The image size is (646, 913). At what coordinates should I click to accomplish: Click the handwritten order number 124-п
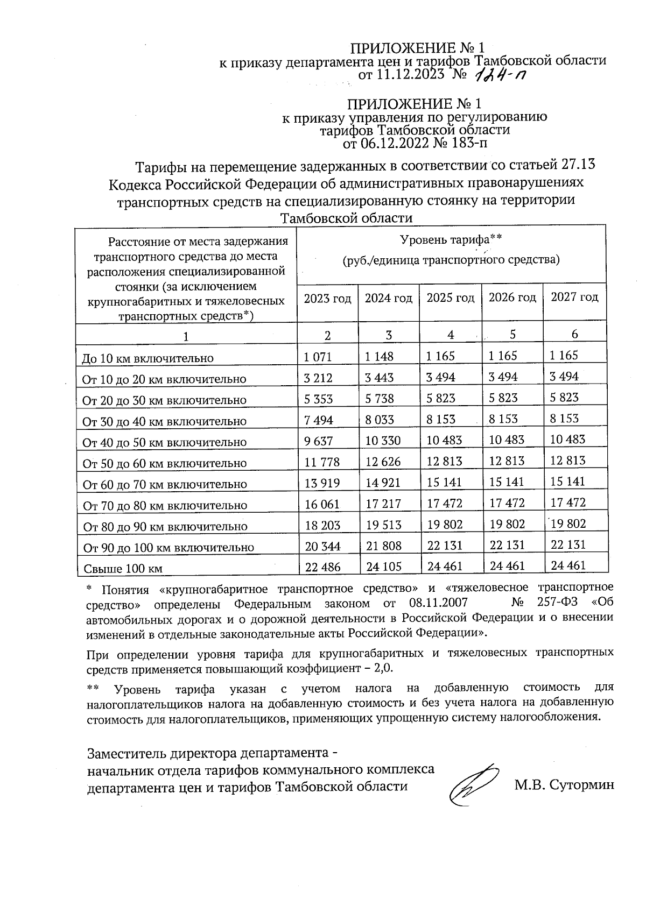[x=500, y=77]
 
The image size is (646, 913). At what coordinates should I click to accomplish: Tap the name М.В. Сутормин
[x=564, y=785]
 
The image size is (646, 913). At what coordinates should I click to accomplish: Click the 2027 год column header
[x=574, y=297]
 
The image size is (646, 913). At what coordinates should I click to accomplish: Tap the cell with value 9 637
[x=319, y=441]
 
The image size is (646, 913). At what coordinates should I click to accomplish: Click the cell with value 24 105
[x=383, y=567]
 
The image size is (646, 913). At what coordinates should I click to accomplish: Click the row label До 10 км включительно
[x=148, y=358]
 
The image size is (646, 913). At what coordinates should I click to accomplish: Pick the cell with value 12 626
[x=383, y=462]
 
